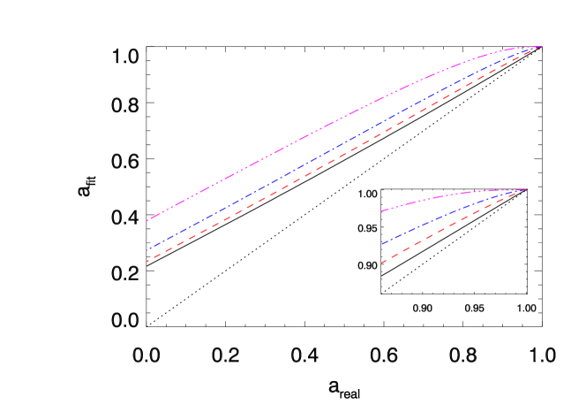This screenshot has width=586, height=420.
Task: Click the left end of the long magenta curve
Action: (147, 219)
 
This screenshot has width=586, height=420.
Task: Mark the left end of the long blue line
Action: (147, 250)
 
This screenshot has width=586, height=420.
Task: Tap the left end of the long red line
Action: (147, 261)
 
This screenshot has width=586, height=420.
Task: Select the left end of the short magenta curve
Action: (381, 211)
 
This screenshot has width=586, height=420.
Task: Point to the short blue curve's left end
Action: (381, 244)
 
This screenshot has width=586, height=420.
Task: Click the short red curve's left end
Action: (381, 263)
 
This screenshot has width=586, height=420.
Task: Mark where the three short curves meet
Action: (526, 189)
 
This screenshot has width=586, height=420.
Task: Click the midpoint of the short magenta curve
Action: (454, 194)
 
